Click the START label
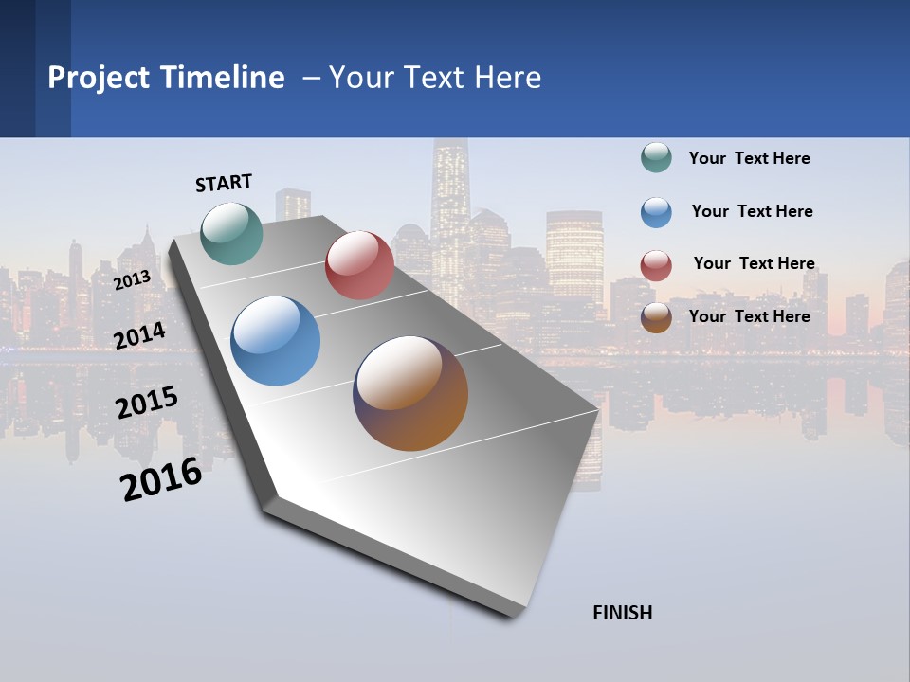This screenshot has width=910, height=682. pyautogui.click(x=224, y=183)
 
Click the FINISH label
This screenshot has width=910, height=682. pyautogui.click(x=622, y=613)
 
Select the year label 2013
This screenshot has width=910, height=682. pyautogui.click(x=132, y=279)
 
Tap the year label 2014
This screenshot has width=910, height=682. pyautogui.click(x=139, y=335)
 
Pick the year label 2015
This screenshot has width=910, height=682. pyautogui.click(x=146, y=403)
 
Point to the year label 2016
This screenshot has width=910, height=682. pyautogui.click(x=161, y=479)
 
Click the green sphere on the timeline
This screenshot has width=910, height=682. pyautogui.click(x=231, y=233)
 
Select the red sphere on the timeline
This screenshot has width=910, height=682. pyautogui.click(x=359, y=265)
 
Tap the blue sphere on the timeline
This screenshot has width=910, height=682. pyautogui.click(x=275, y=341)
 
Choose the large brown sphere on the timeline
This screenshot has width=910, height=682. pyautogui.click(x=410, y=393)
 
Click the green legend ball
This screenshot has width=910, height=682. pyautogui.click(x=656, y=157)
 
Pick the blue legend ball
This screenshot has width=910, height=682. pyautogui.click(x=656, y=212)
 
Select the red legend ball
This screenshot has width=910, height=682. pyautogui.click(x=656, y=265)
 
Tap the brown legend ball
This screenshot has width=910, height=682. pyautogui.click(x=656, y=317)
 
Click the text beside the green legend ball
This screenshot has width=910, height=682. pyautogui.click(x=749, y=158)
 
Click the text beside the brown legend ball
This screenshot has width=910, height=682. pyautogui.click(x=749, y=316)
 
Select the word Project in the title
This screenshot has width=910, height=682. pyautogui.click(x=98, y=78)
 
